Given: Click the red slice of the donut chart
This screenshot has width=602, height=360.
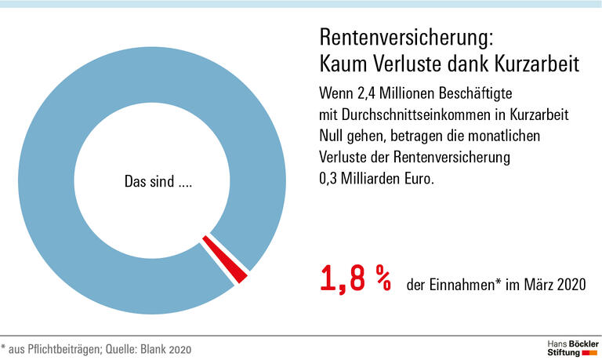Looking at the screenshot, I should point(227,259).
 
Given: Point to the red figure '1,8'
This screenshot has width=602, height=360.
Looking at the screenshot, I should point(342,279).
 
